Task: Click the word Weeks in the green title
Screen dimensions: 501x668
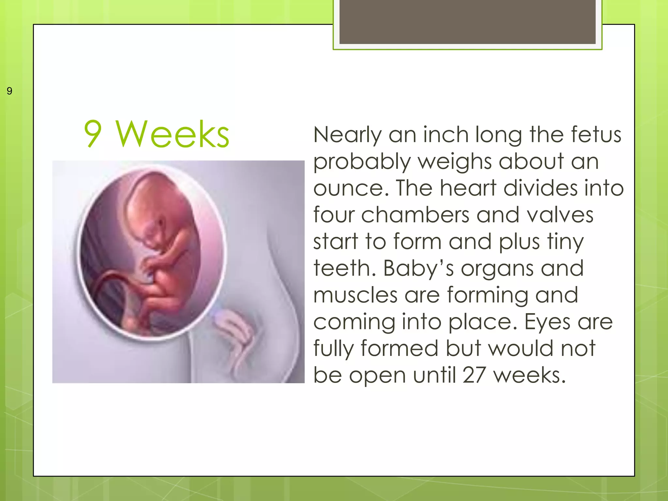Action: pos(173,134)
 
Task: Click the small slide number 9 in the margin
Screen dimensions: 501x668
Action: pos(9,91)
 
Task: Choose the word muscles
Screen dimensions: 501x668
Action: pos(355,295)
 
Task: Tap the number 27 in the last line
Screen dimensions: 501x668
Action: pos(474,375)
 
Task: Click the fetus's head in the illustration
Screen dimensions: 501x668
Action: pos(157,202)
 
